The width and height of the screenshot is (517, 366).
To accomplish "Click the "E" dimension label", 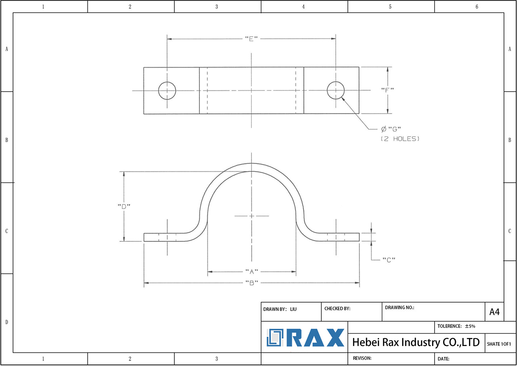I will point(251,39).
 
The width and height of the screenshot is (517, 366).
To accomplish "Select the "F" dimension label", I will point(387,90).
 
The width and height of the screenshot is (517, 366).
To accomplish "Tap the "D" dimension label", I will point(124,206).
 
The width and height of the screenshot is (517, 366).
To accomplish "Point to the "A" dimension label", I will point(252,272).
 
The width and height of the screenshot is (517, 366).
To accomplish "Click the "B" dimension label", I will point(252,283).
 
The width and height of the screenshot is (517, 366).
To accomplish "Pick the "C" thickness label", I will point(389,260).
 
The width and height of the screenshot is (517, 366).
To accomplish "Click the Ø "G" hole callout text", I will point(391,129).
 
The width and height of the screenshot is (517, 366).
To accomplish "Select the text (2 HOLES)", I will point(400,139).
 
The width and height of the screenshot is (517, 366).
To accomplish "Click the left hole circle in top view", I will point(167,91).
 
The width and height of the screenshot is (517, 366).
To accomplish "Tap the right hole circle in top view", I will point(336,90).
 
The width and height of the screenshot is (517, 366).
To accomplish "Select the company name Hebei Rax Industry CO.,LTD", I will point(416,342).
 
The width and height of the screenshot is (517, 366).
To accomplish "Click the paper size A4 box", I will point(494,312).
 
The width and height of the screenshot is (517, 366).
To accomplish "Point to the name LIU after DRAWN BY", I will point(293,309).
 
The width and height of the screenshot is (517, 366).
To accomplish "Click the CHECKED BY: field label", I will point(337,308).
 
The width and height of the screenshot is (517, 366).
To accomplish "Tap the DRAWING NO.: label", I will point(399,307).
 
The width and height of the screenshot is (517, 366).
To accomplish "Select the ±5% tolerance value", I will point(470,326).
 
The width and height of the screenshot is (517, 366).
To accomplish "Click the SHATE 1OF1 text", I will point(499,344).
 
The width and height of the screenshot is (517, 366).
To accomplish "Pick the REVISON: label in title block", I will point(362,358).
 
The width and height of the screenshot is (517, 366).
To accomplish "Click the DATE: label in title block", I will point(443,359).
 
